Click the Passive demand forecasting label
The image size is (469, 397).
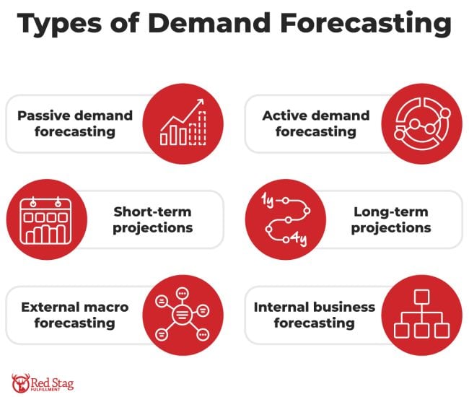point(75,123)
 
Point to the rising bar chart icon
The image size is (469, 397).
point(183,123)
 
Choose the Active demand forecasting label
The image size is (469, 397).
point(315,123)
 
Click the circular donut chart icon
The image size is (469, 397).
point(421,123)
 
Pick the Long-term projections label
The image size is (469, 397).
point(392,219)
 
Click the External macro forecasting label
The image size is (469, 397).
point(75,315)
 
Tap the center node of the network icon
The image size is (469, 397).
point(183,315)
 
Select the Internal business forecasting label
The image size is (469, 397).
point(315,315)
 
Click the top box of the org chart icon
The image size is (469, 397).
point(421,297)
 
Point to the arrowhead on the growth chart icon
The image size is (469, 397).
point(200,103)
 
